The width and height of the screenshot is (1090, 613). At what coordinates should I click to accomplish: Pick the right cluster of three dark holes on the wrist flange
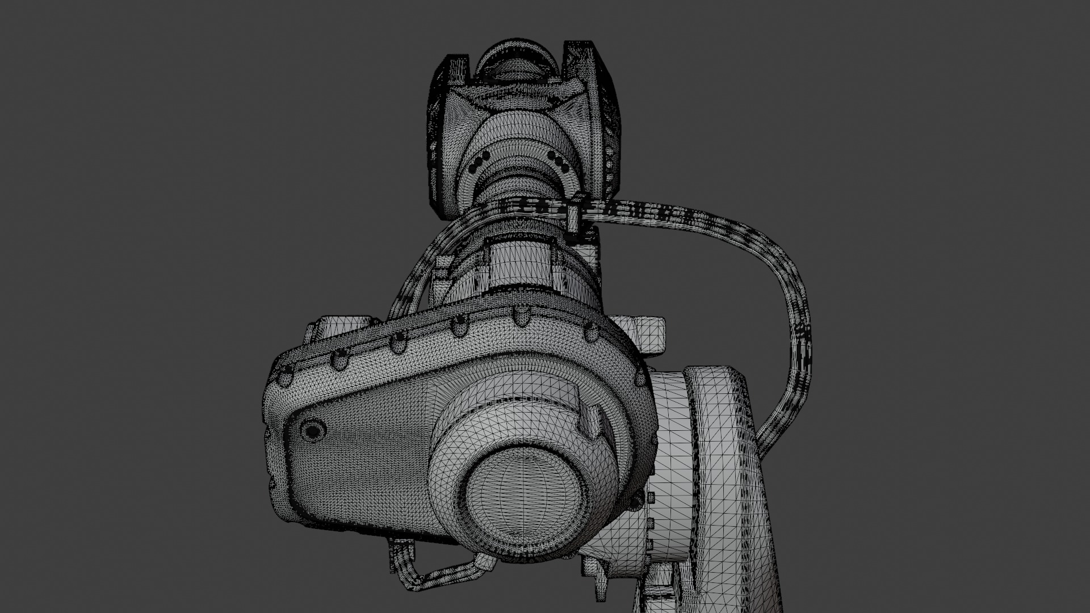click(560, 161)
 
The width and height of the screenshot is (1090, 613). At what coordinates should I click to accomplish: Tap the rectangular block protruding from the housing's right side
click(650, 336)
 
